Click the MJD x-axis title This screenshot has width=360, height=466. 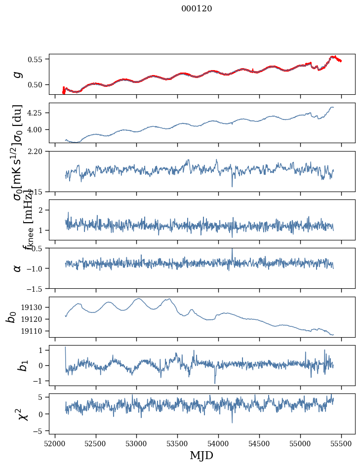(x=201, y=455)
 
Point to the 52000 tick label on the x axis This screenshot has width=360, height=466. (x=55, y=443)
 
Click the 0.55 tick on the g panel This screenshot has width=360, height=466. (x=36, y=59)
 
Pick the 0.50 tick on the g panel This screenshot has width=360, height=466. (x=36, y=84)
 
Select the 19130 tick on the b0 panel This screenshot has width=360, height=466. (x=34, y=307)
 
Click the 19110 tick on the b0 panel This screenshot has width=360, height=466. (x=34, y=331)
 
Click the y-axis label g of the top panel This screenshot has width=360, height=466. (x=18, y=74)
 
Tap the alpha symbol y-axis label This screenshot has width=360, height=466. (x=18, y=268)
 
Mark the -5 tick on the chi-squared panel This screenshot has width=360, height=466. (x=38, y=431)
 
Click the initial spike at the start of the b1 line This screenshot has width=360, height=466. (x=65, y=348)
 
